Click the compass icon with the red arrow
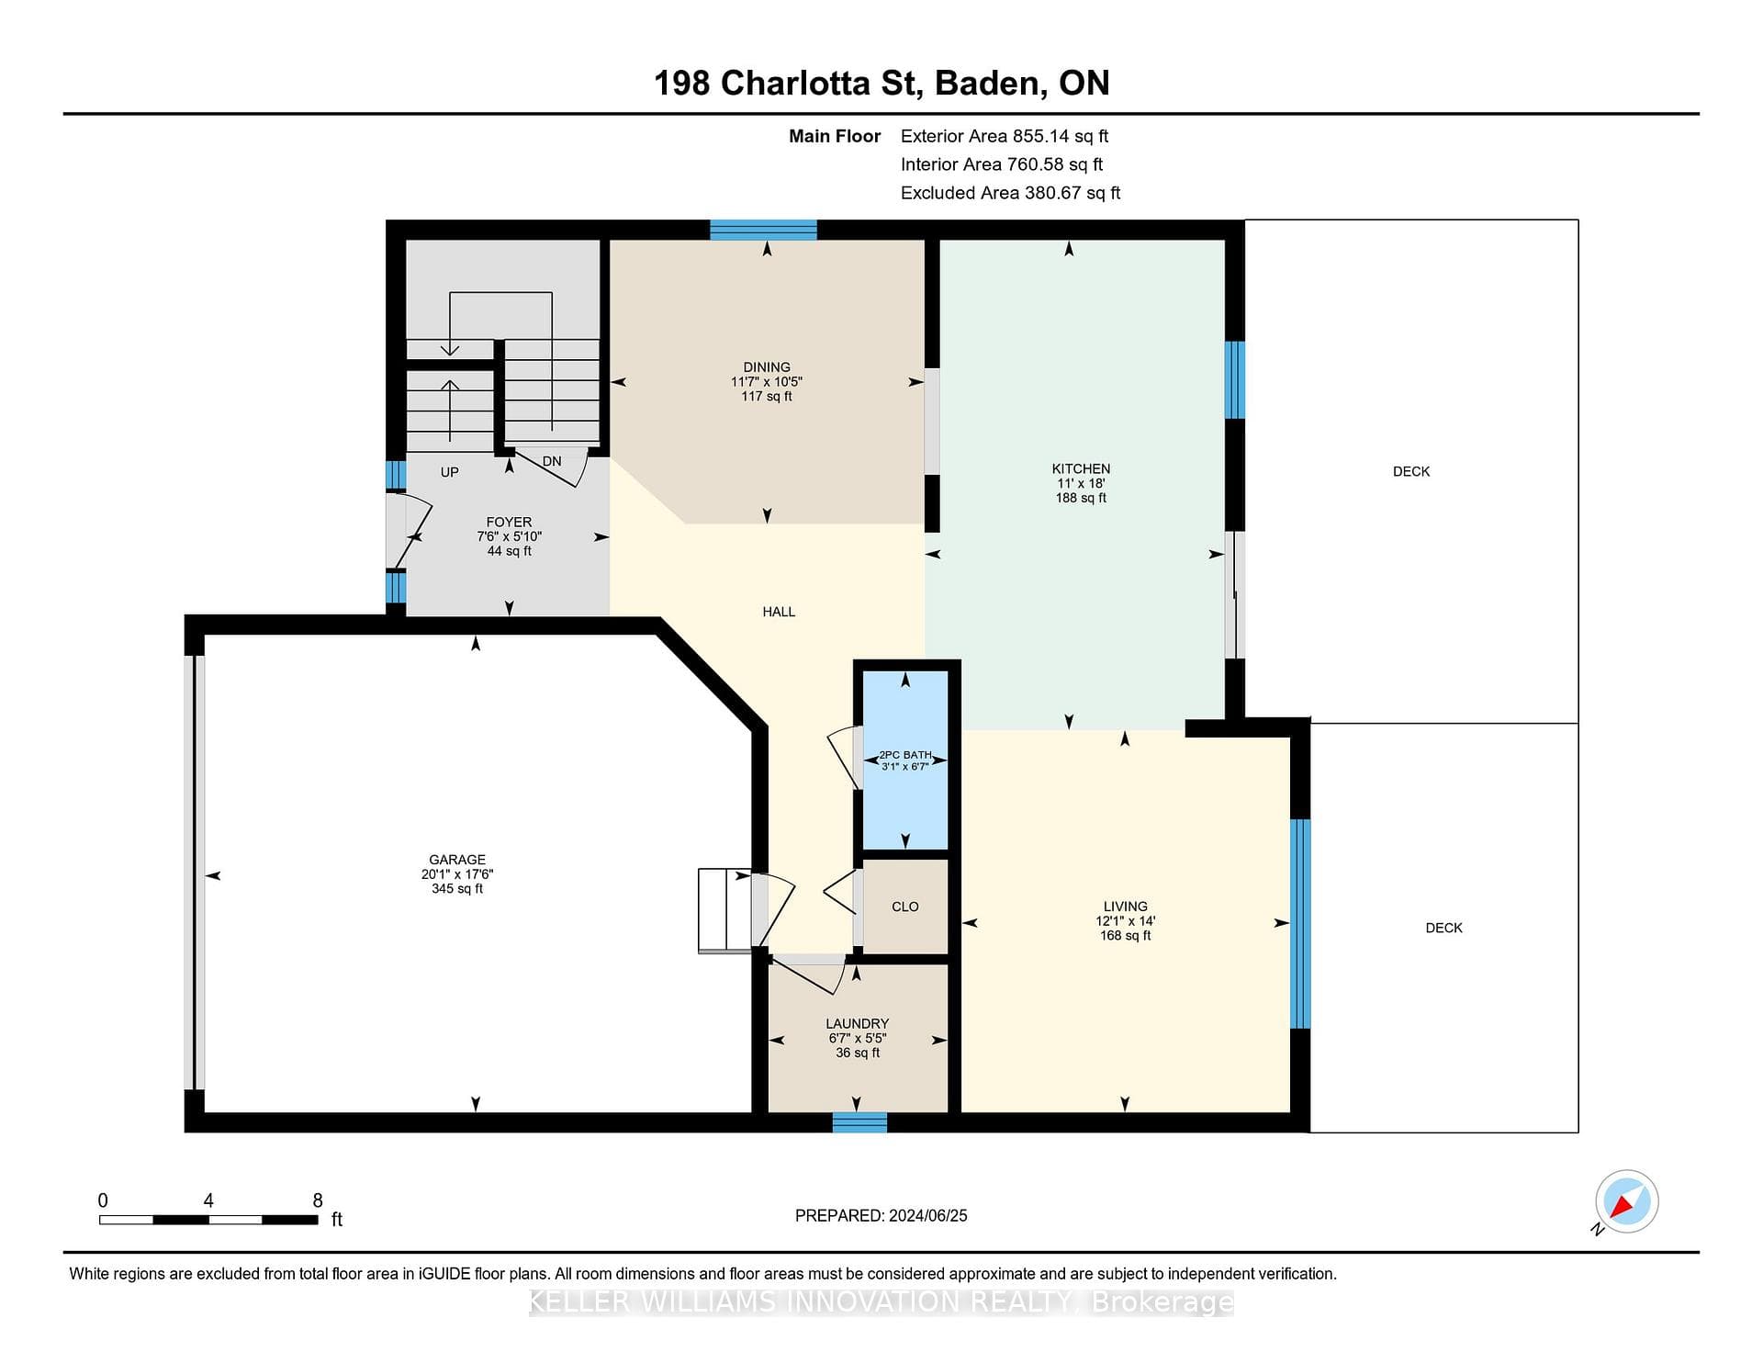click(1626, 1201)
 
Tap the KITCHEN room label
click(1081, 468)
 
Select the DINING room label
click(767, 367)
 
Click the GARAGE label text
click(457, 861)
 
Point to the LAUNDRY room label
click(857, 1024)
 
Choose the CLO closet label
click(905, 907)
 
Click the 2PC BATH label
click(905, 755)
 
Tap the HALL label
click(779, 612)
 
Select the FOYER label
click(509, 523)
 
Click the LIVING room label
click(1126, 907)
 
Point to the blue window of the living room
click(1300, 924)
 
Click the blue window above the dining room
click(763, 230)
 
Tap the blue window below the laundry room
click(859, 1122)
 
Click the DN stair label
click(552, 461)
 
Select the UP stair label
click(449, 472)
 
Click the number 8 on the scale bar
click(318, 1200)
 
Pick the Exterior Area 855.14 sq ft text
click(1005, 136)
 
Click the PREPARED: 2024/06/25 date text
click(881, 1216)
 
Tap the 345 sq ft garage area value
click(457, 889)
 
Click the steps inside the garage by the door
click(725, 910)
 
